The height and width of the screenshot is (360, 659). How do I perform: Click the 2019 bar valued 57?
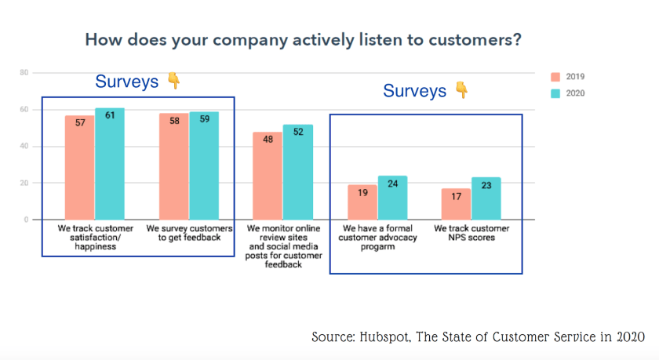pyautogui.click(x=80, y=168)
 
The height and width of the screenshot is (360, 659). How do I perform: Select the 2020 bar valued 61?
pyautogui.click(x=110, y=164)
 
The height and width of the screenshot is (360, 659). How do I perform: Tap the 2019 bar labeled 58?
pyautogui.click(x=174, y=167)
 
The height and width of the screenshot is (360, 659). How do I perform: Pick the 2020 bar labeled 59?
pyautogui.click(x=204, y=166)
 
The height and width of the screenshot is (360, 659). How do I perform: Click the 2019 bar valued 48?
pyautogui.click(x=268, y=176)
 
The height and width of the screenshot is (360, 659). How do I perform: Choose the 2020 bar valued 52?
pyautogui.click(x=298, y=173)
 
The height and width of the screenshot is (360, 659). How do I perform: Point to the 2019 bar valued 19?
pyautogui.click(x=362, y=202)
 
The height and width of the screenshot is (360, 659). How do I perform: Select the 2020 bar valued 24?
pyautogui.click(x=392, y=198)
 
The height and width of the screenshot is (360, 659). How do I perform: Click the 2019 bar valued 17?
pyautogui.click(x=456, y=204)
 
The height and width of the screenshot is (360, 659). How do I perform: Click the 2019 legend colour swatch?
pyautogui.click(x=555, y=77)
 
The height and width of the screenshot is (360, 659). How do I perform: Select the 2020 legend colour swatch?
pyautogui.click(x=555, y=93)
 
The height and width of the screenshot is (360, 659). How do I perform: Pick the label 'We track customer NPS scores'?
pyautogui.click(x=471, y=233)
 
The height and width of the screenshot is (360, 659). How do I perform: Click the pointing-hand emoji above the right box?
pyautogui.click(x=462, y=91)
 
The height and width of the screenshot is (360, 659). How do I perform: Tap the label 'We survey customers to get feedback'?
pyautogui.click(x=189, y=233)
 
